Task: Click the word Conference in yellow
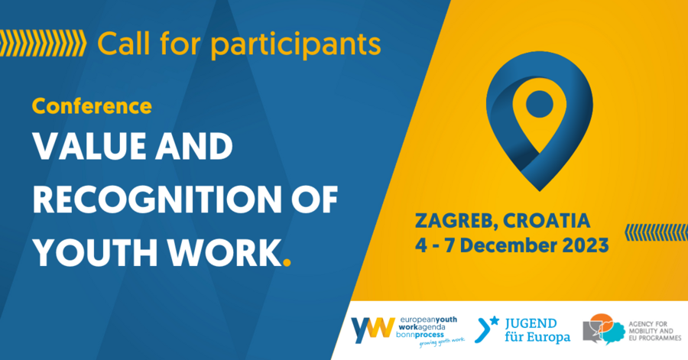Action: tap(92, 106)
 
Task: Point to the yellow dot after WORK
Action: tap(287, 263)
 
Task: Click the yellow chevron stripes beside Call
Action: tap(43, 44)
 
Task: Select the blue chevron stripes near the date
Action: tap(656, 232)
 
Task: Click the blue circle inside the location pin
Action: tap(539, 104)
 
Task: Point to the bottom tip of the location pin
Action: tap(539, 191)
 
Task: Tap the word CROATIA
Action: tap(547, 221)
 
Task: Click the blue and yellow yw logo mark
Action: tap(372, 329)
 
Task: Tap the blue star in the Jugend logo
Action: tap(495, 320)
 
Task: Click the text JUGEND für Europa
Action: tap(537, 330)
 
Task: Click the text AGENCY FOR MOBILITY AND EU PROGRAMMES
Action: tap(654, 331)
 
